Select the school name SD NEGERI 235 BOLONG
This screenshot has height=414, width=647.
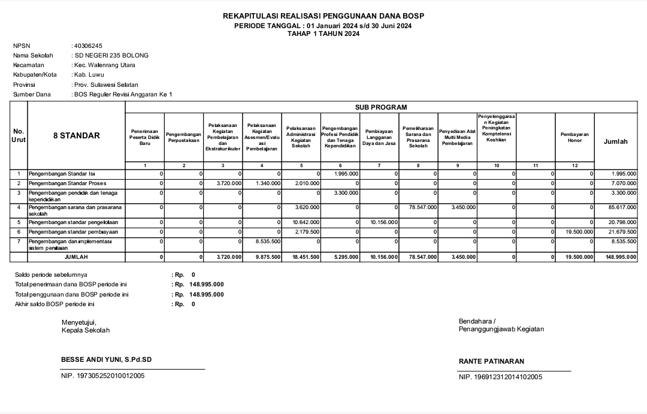tap(111, 55)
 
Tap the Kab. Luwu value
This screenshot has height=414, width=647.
tap(87, 75)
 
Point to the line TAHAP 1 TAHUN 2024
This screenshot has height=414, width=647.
tap(323, 34)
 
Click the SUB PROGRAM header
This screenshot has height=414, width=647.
tap(381, 107)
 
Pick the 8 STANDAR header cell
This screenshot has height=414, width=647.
tap(77, 135)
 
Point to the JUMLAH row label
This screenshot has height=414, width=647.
tap(76, 257)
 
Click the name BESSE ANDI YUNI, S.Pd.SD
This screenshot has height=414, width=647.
tap(107, 360)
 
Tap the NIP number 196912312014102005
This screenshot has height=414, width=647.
tap(500, 377)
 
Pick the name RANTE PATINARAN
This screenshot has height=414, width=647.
tap(491, 361)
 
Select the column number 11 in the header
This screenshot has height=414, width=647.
tap(536, 165)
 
